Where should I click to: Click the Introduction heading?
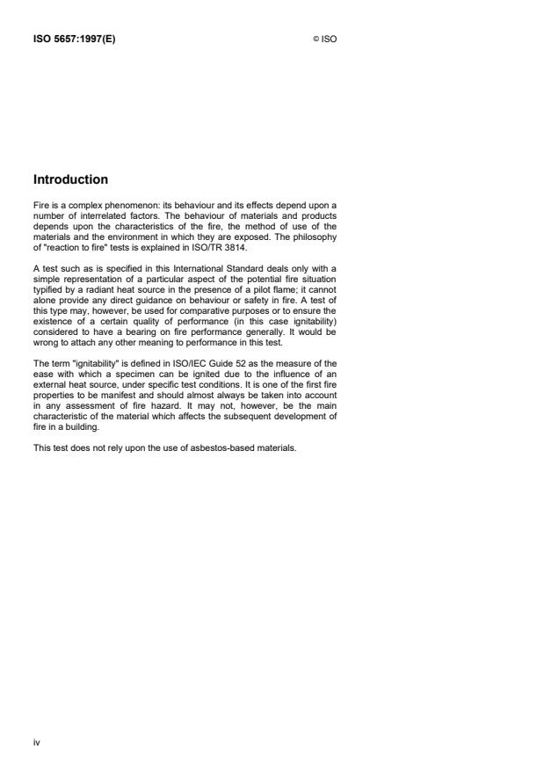click(x=70, y=179)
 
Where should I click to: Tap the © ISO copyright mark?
click(x=324, y=39)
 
